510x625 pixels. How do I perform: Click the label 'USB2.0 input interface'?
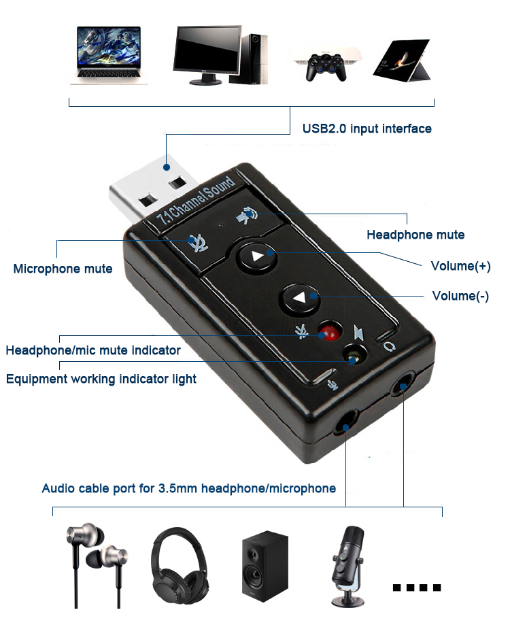pos(367,129)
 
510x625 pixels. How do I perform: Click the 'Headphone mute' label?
pos(415,235)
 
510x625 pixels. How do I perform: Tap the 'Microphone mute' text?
pos(63,269)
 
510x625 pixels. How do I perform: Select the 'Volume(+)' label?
pos(460,266)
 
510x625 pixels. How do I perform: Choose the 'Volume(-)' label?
pos(460,296)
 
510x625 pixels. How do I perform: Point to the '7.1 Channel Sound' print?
pos(196,200)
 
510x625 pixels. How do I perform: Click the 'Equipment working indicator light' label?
pos(101,379)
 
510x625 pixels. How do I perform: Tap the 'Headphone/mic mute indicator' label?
pos(93,350)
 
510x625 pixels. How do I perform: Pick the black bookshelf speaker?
pos(265,564)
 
